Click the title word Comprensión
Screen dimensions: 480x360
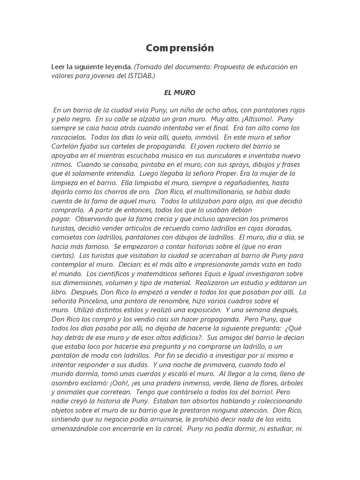(180, 48)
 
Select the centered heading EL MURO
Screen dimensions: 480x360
(180, 93)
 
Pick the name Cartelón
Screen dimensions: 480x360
(66, 146)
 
